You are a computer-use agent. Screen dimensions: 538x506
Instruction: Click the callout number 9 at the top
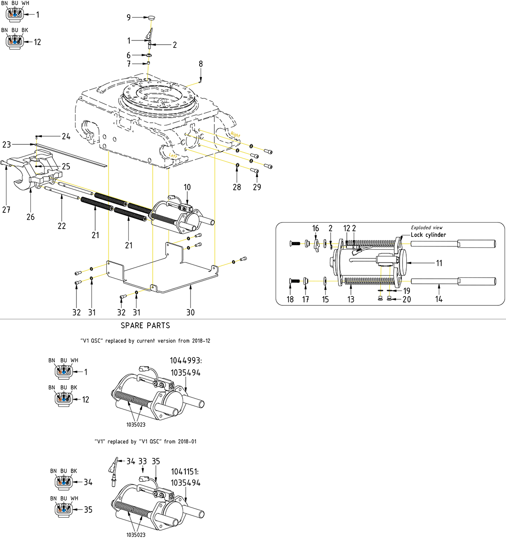pyautogui.click(x=129, y=17)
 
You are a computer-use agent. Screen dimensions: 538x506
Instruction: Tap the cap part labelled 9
pyautogui.click(x=152, y=17)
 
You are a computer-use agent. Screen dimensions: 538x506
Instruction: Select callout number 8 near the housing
pyautogui.click(x=201, y=64)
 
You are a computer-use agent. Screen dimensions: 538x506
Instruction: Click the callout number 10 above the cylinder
pyautogui.click(x=187, y=187)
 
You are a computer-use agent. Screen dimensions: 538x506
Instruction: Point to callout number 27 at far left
pyautogui.click(x=6, y=210)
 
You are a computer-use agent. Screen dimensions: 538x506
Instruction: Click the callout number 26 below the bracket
pyautogui.click(x=30, y=217)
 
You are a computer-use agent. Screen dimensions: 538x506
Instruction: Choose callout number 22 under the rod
pyautogui.click(x=62, y=226)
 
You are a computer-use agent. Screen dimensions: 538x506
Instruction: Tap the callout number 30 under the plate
pyautogui.click(x=190, y=313)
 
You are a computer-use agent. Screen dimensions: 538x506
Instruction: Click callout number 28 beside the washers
pyautogui.click(x=237, y=187)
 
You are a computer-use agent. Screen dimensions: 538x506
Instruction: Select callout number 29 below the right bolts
pyautogui.click(x=257, y=187)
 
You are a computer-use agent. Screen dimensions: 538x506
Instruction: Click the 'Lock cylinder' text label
pyautogui.click(x=428, y=235)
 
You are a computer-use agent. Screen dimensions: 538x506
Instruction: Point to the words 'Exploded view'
pyautogui.click(x=426, y=228)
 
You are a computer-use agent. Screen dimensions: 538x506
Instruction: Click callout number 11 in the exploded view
pyautogui.click(x=439, y=263)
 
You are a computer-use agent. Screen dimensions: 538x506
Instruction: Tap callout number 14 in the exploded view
pyautogui.click(x=439, y=299)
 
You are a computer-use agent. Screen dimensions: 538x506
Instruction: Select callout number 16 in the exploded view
pyautogui.click(x=316, y=229)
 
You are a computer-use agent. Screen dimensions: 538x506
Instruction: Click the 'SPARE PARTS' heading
pyautogui.click(x=145, y=326)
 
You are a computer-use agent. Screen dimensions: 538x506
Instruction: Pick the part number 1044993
pyautogui.click(x=185, y=361)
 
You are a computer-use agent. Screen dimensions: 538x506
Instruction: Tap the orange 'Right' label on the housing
pyautogui.click(x=236, y=135)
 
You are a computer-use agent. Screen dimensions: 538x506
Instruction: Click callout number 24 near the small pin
pyautogui.click(x=66, y=137)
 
